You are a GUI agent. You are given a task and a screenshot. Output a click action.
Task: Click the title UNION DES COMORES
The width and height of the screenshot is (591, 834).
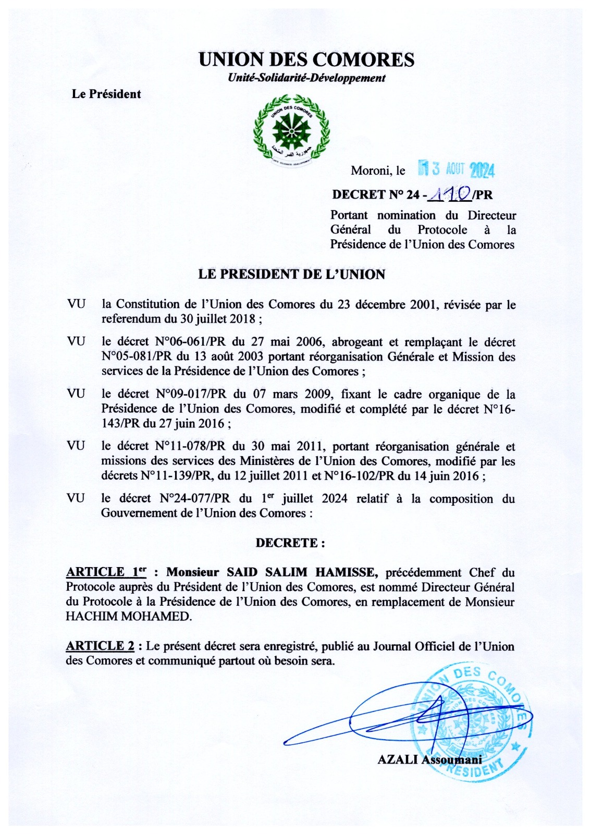click(306, 59)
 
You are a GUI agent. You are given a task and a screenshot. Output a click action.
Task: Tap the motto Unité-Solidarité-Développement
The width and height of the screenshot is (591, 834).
click(306, 78)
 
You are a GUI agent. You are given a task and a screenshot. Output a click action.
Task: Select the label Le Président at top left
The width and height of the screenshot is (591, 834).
click(106, 94)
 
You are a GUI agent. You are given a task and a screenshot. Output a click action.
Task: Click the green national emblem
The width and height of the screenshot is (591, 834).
click(291, 131)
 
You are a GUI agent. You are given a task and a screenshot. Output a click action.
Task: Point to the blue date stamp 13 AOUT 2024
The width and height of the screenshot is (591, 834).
click(457, 169)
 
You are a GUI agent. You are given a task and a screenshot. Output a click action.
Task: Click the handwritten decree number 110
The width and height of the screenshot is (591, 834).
click(450, 194)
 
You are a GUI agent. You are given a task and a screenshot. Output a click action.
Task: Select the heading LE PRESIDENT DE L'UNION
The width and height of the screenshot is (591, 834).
click(291, 274)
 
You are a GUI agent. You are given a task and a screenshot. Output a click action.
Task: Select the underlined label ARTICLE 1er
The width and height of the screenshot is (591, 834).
click(106, 572)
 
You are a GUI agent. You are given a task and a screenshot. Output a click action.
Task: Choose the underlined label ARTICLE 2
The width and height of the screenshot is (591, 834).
click(100, 646)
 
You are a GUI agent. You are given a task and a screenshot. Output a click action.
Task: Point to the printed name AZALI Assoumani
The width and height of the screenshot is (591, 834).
click(429, 759)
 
